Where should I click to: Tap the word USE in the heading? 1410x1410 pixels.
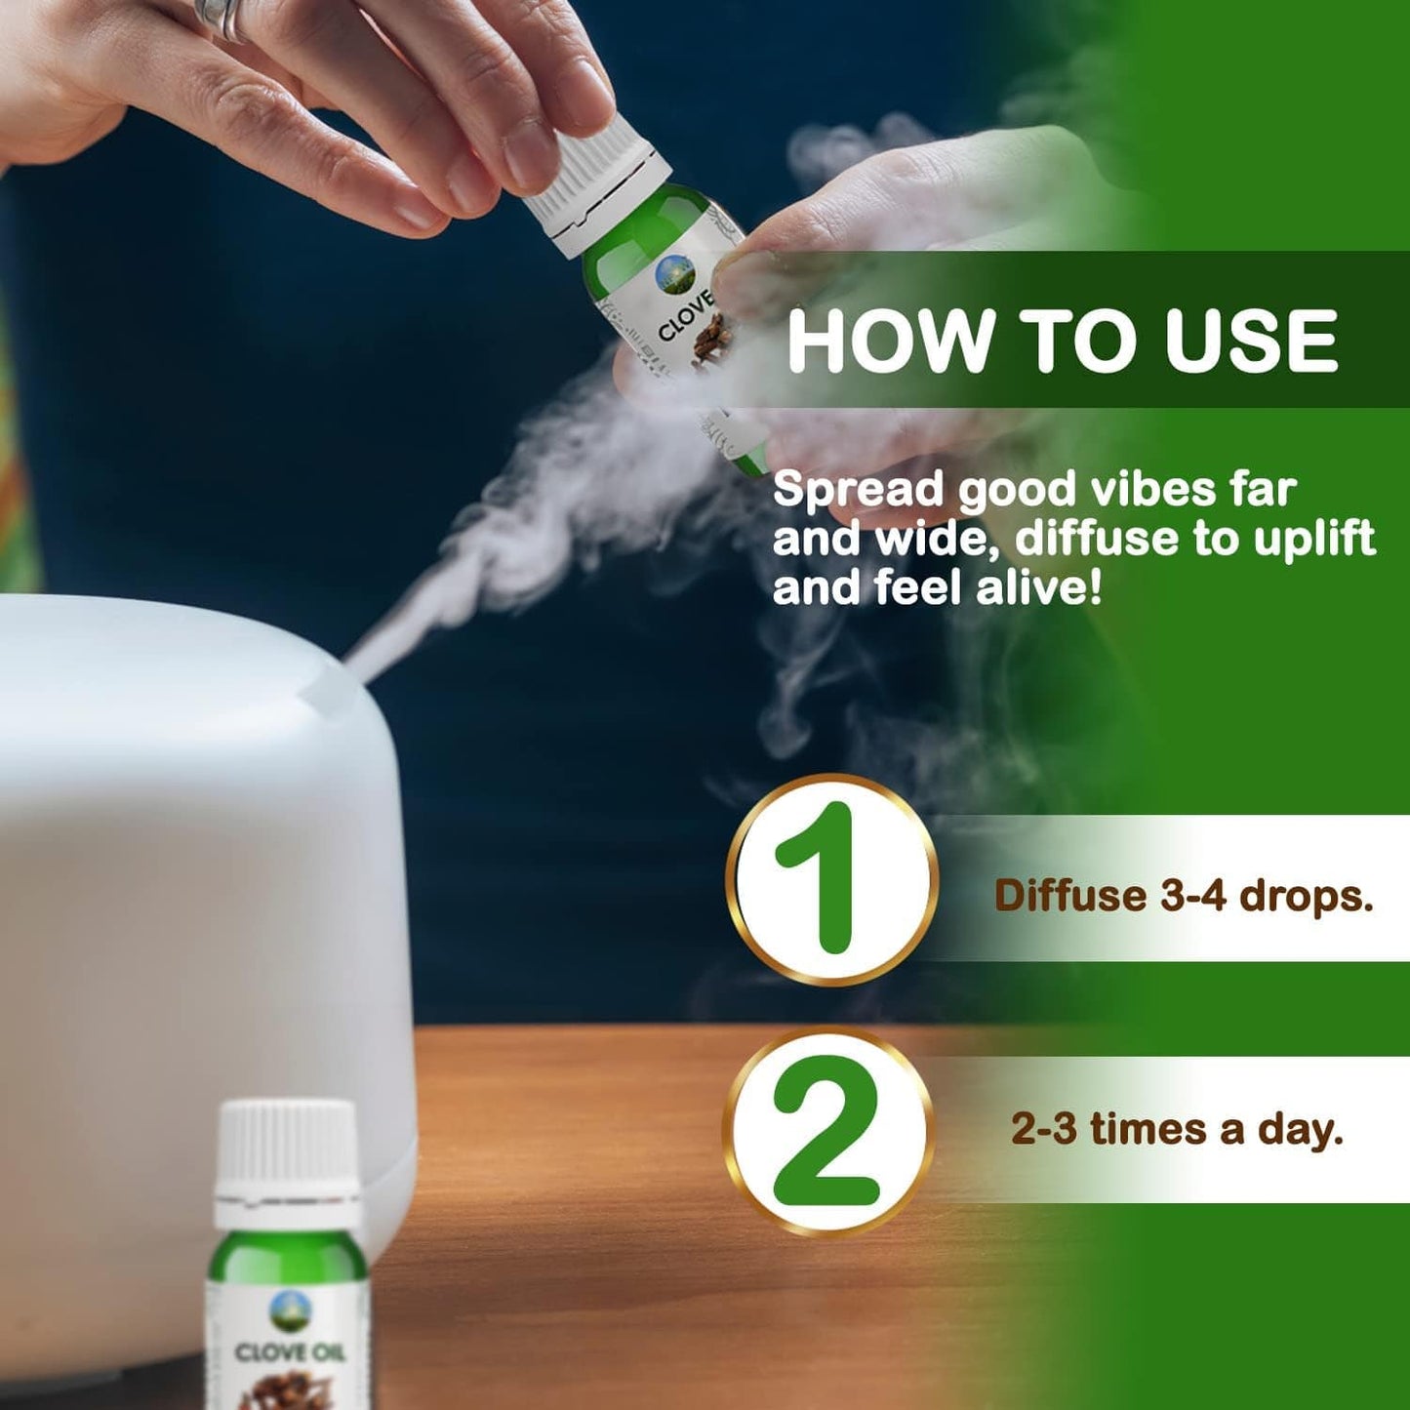coord(1251,341)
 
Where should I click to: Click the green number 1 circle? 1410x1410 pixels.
coord(831,879)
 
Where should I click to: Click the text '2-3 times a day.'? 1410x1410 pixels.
coord(1178,1128)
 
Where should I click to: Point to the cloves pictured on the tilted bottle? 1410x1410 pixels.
coord(711,338)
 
